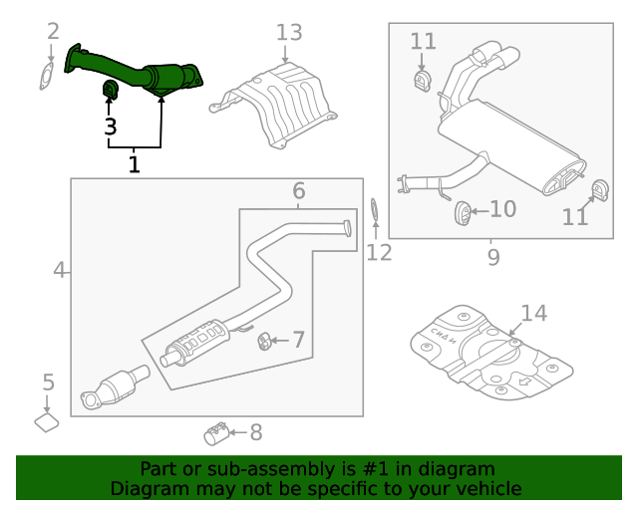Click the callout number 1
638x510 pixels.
point(134,163)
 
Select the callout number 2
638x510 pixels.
point(53,32)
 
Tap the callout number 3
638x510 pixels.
point(110,127)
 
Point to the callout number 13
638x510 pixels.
point(288,33)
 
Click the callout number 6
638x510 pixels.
point(298,190)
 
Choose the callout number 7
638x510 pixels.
point(298,341)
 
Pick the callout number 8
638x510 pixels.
point(256,432)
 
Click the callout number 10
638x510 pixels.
point(502,209)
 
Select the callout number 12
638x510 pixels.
point(379,252)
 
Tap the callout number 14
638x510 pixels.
point(533,314)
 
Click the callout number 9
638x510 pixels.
point(492,258)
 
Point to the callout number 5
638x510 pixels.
point(48,382)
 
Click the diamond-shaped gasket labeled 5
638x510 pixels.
point(47,423)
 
